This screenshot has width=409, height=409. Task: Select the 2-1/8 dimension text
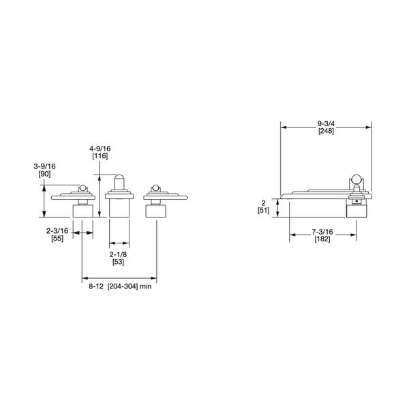[119, 254]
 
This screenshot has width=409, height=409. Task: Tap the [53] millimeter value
[119, 262]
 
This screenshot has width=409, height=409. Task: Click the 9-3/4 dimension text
[325, 123]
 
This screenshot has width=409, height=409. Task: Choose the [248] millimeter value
[325, 131]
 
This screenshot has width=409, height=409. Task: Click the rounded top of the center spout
[119, 179]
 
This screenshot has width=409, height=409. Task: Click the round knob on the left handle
[82, 189]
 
